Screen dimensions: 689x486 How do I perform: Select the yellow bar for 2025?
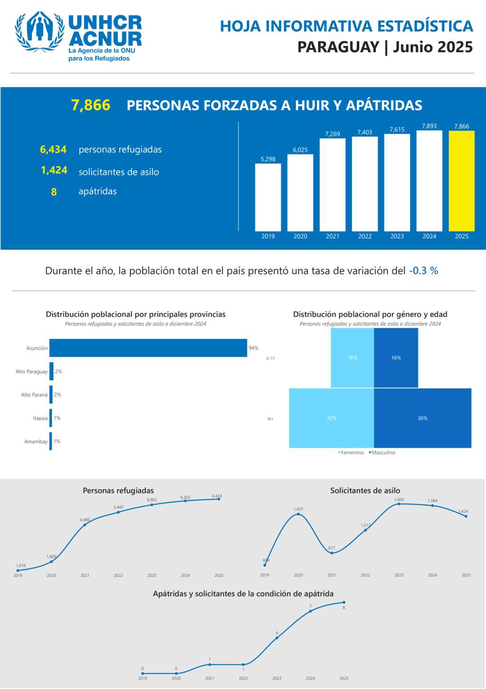[x=461, y=181]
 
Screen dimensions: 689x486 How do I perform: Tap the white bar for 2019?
[x=268, y=197]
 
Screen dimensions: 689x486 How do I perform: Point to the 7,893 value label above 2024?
[x=429, y=126]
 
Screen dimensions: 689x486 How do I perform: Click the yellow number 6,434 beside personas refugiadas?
[x=53, y=150]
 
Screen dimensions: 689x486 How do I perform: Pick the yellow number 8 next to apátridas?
[x=54, y=192]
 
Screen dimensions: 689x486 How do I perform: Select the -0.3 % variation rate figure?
[x=423, y=271]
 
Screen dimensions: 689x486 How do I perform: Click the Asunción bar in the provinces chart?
[x=148, y=348]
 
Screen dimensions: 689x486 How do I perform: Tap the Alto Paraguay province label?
[x=31, y=372]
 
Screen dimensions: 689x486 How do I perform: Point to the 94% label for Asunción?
[x=253, y=348]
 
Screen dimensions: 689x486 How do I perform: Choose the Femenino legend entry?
[x=351, y=453]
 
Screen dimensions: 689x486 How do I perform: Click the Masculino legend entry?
[x=383, y=453]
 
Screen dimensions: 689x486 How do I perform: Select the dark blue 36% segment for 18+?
[x=422, y=418]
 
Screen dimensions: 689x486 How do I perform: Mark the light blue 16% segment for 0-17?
[x=352, y=358]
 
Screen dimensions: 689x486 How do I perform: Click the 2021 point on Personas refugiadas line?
[x=85, y=524]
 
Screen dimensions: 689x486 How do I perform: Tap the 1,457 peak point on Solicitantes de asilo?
[x=298, y=514]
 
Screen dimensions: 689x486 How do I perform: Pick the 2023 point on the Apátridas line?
[x=277, y=638]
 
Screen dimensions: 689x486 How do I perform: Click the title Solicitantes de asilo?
[x=365, y=491]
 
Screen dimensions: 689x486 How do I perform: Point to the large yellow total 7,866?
[x=91, y=105]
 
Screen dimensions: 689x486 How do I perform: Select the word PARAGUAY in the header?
[x=338, y=47]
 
